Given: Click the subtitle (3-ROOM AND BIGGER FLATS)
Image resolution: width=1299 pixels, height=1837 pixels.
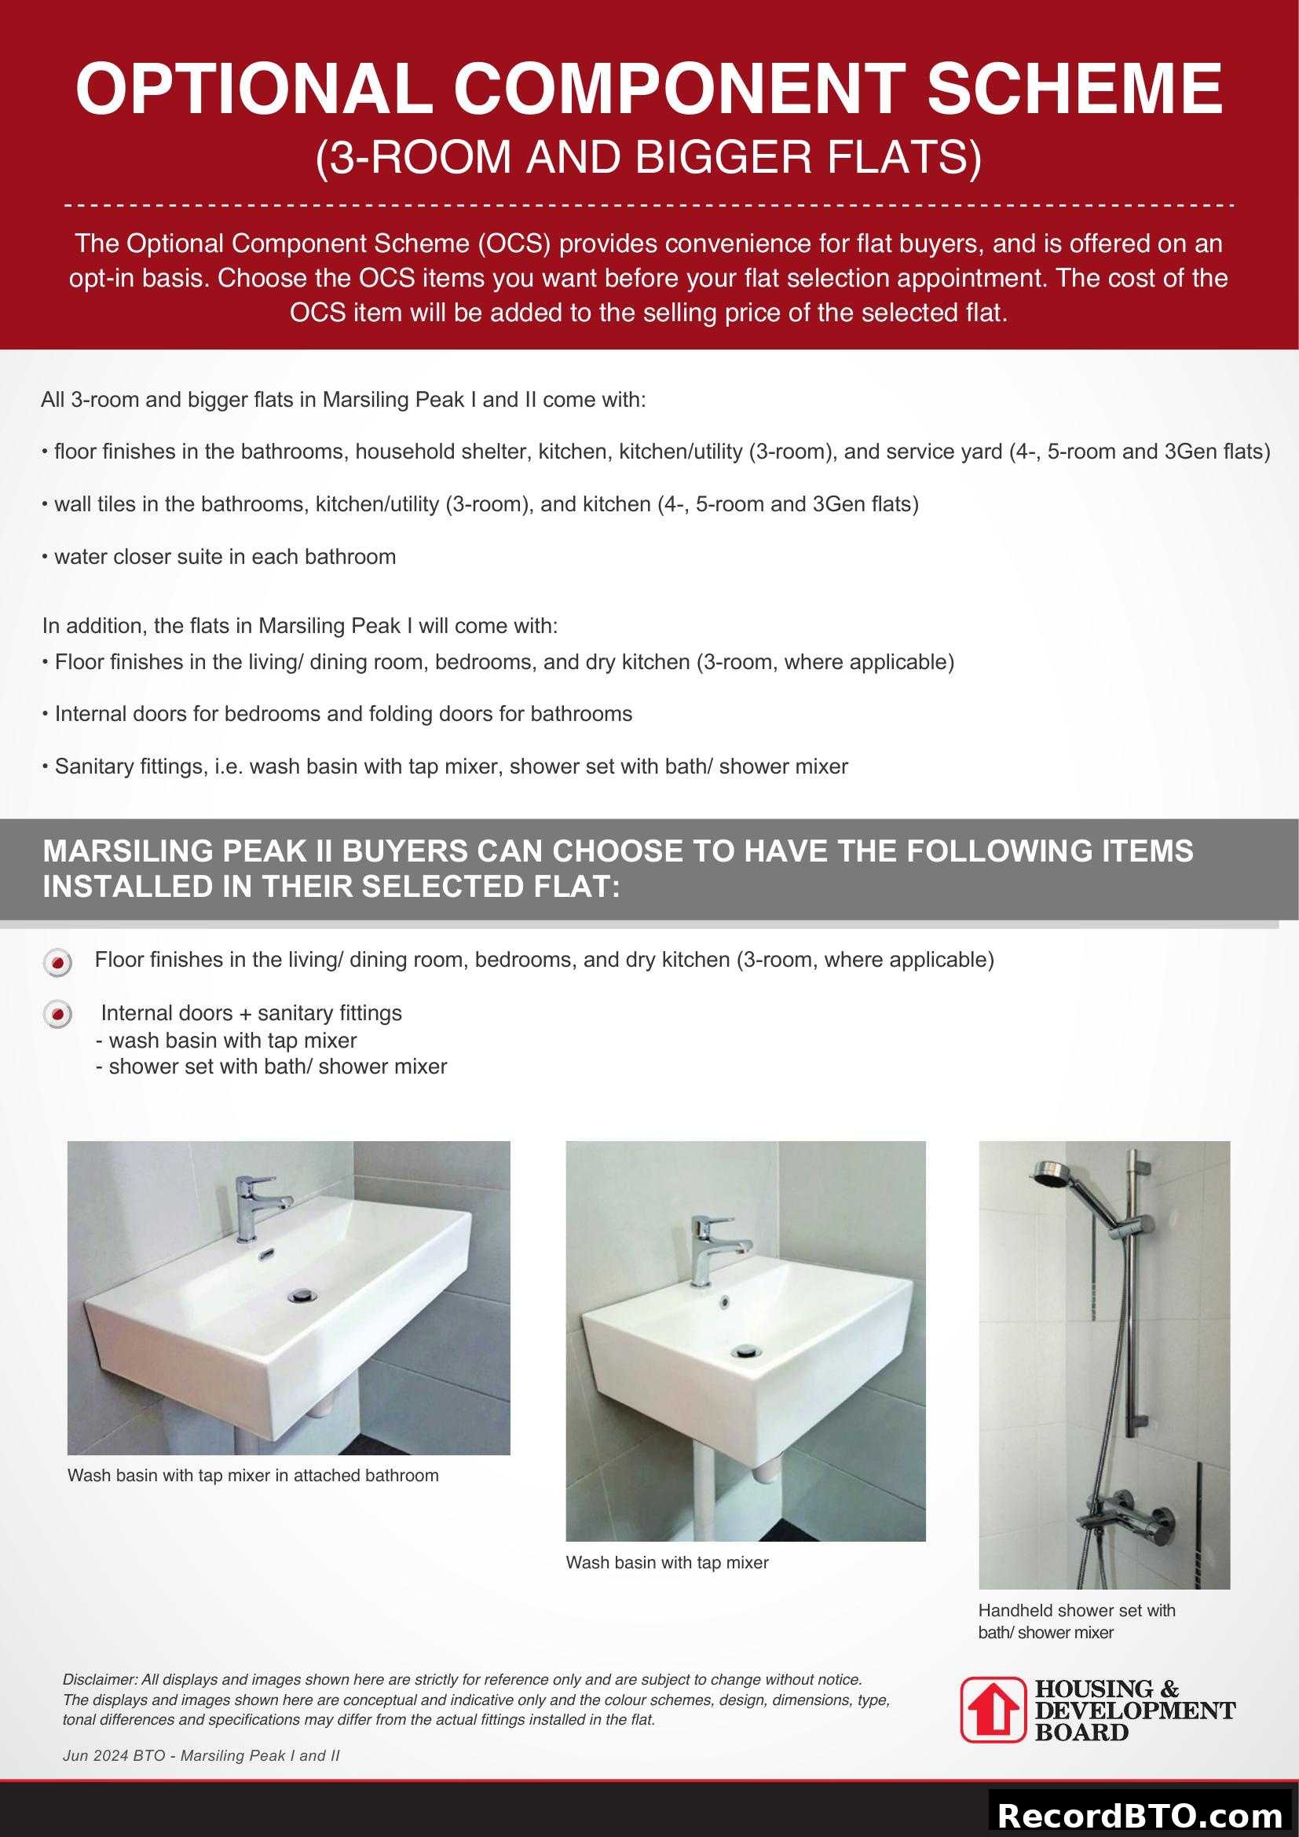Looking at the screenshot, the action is pos(649,157).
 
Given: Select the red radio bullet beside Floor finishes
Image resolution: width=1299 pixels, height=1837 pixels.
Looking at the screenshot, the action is pos(57,963).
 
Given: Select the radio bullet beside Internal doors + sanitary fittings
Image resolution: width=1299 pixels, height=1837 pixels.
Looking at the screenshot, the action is pos(57,1015).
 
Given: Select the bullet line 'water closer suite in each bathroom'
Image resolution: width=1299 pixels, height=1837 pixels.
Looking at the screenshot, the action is pos(219,557).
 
